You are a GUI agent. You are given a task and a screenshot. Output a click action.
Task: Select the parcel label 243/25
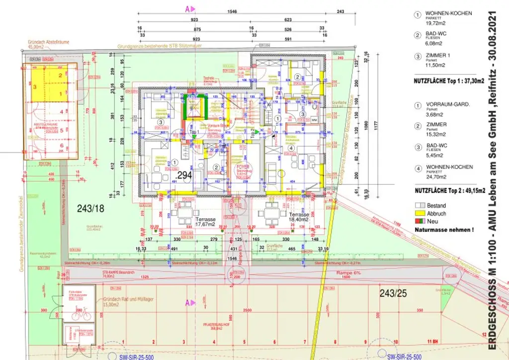[393, 293]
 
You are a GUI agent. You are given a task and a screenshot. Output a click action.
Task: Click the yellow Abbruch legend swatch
[420, 213]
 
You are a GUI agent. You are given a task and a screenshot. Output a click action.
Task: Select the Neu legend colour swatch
[420, 221]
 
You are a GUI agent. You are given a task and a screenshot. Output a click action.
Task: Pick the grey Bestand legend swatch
[420, 205]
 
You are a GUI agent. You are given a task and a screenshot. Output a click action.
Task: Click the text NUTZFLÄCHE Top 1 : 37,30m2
[449, 80]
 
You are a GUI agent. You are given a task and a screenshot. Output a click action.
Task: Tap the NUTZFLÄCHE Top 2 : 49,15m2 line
[449, 190]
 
